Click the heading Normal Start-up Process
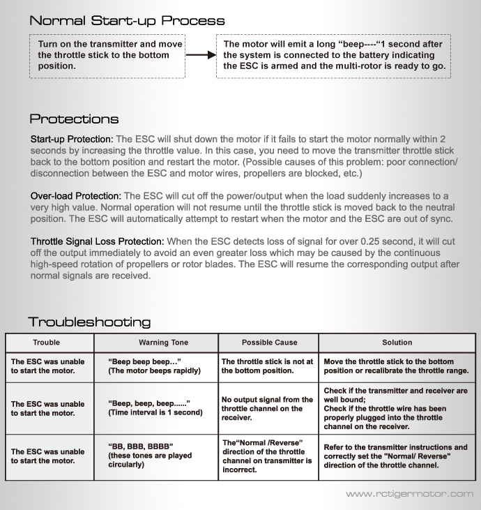click(x=127, y=20)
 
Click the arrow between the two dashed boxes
click(x=201, y=55)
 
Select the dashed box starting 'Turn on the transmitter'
click(x=110, y=55)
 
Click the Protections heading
click(x=74, y=119)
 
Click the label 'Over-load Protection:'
click(x=75, y=196)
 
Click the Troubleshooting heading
click(x=89, y=322)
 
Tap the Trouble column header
click(x=49, y=343)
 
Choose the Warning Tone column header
click(x=155, y=343)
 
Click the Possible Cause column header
click(x=268, y=343)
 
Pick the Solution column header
click(x=397, y=343)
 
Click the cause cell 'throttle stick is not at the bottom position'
click(x=268, y=366)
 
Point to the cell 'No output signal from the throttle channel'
click(x=268, y=408)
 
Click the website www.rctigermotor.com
click(x=409, y=495)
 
